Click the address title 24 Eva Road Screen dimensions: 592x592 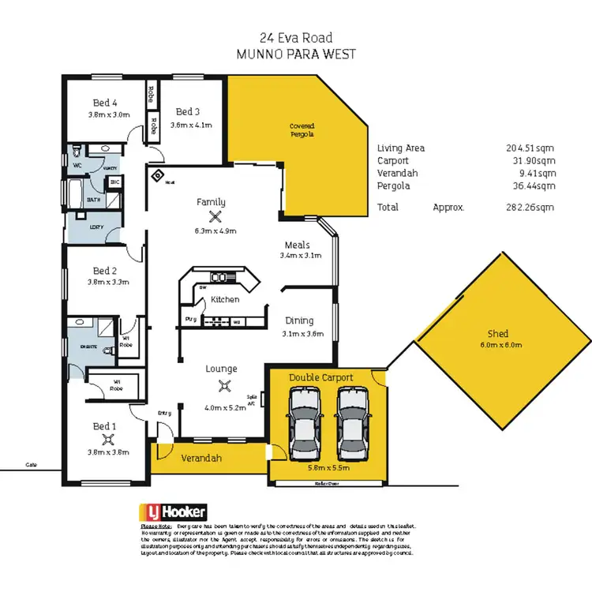click(295, 36)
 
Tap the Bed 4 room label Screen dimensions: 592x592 click(105, 103)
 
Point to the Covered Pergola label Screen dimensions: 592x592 click(302, 130)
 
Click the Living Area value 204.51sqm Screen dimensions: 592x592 click(530, 148)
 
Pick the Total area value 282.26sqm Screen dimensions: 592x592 click(530, 208)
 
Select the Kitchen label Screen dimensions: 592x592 click(224, 299)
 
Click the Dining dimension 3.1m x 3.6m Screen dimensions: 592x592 click(299, 333)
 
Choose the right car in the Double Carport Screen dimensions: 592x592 click(353, 426)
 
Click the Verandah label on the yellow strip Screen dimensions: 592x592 click(200, 458)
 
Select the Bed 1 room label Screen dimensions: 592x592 click(105, 427)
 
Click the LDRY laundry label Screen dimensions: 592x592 click(97, 227)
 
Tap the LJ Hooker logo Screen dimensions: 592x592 click(164, 511)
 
